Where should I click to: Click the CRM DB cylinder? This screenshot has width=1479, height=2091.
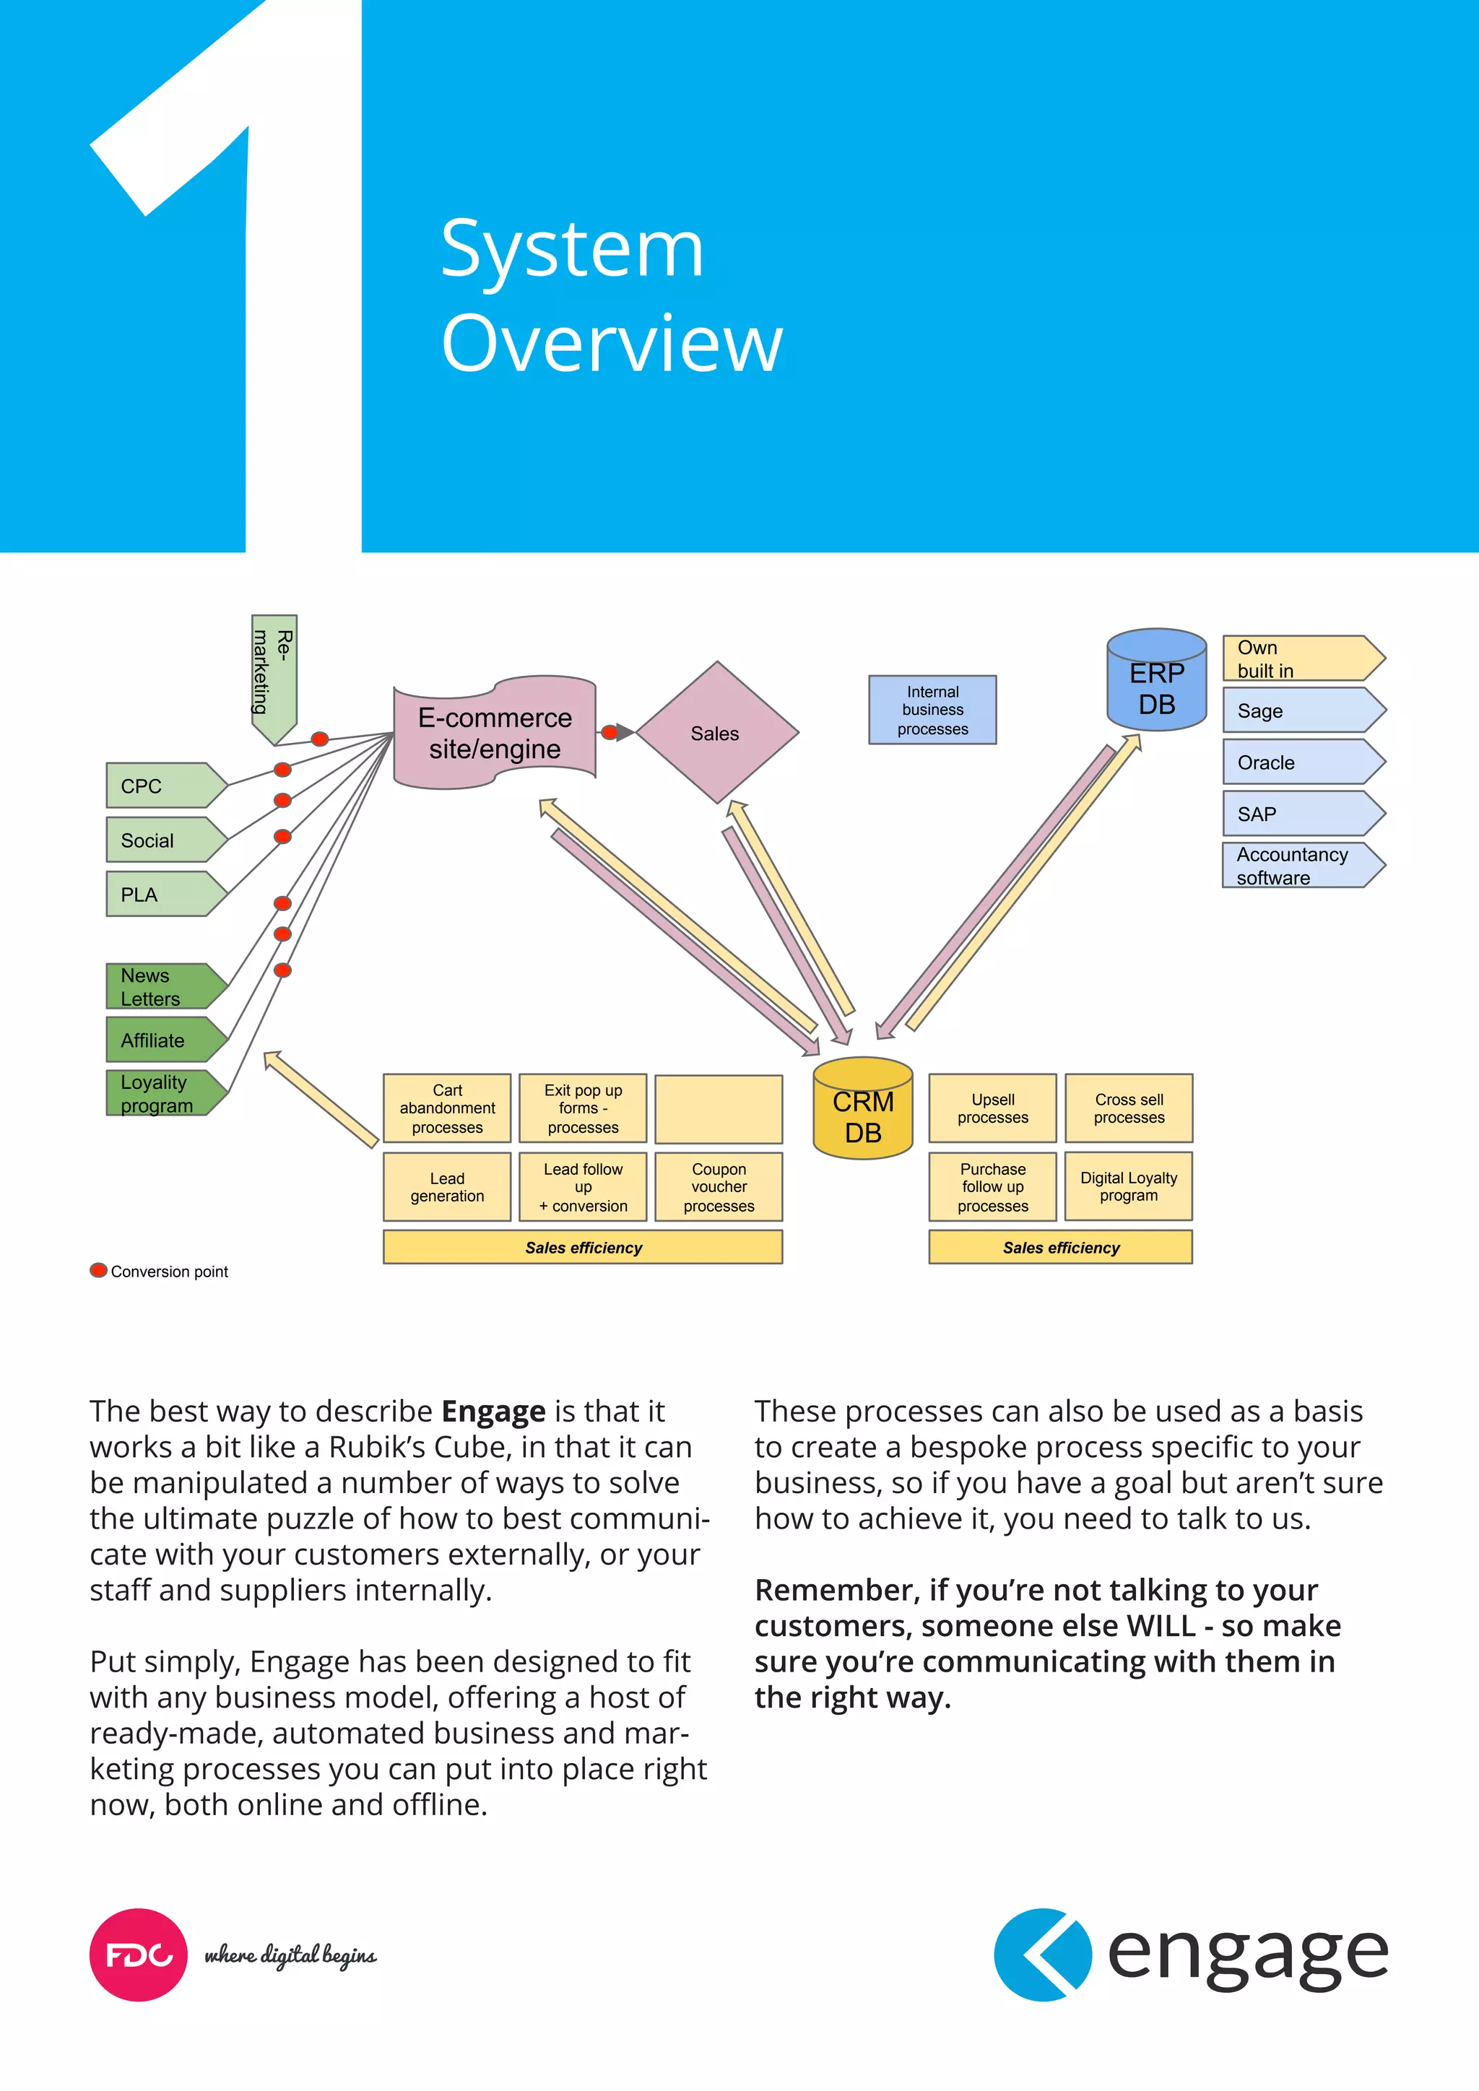pos(862,1109)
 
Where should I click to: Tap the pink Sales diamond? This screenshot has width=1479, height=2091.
pos(716,733)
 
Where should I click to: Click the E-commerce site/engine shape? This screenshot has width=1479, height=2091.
pos(495,732)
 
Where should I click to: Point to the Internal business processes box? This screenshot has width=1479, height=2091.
pos(932,710)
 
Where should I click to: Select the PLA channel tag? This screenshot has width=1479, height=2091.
pos(164,895)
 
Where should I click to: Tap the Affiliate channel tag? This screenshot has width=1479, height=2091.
pos(164,1040)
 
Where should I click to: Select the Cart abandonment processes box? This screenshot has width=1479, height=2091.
pos(447,1108)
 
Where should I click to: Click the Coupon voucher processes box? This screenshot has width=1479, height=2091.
pos(719,1187)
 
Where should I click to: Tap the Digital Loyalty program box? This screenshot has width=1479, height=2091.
pos(1128,1187)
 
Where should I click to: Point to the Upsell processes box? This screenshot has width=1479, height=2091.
pos(993,1108)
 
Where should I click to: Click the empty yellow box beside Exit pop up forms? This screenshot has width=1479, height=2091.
pos(719,1108)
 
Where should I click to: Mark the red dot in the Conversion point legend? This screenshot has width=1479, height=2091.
pos(97,1271)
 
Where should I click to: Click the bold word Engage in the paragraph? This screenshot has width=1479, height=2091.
pos(493,1411)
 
